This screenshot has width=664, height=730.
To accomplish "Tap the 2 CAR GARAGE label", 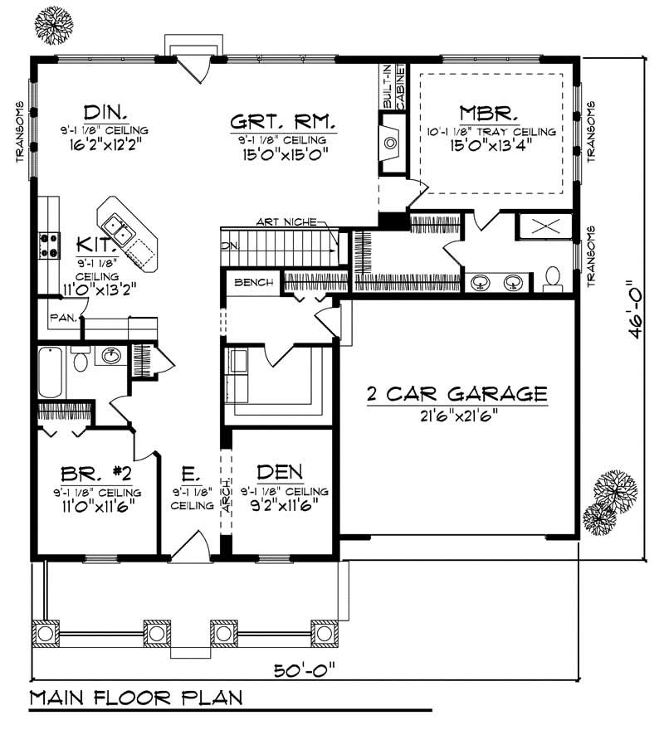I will coord(457,393).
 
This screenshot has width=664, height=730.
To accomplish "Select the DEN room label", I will coord(280,473).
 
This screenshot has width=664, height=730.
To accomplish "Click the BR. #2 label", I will coord(96,474).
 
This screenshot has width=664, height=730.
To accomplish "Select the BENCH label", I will coord(254,283).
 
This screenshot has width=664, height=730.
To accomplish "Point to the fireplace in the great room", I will coord(390,141).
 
